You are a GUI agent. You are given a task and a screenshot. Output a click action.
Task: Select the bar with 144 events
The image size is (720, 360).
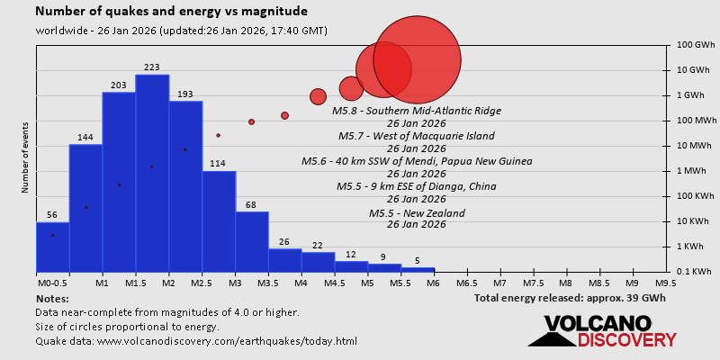[x=85, y=207]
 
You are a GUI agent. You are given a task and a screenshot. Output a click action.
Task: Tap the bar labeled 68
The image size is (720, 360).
[x=252, y=241]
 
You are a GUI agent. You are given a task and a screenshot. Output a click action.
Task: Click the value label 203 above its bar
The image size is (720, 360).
[x=119, y=85]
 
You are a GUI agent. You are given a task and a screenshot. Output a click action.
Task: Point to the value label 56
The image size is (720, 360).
[x=52, y=215]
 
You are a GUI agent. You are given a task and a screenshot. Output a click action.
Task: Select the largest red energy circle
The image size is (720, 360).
[x=417, y=60]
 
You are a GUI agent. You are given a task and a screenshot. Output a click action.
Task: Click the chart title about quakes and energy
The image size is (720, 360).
[x=171, y=13]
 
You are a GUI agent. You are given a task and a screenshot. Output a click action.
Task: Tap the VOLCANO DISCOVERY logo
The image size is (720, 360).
[x=603, y=331]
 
